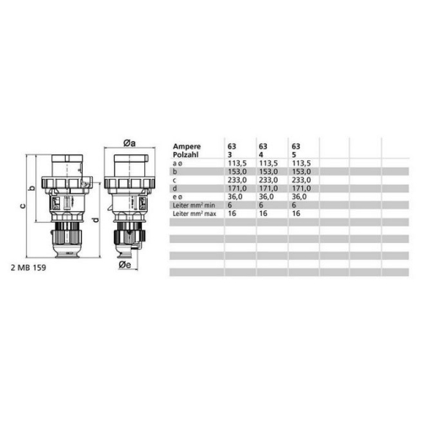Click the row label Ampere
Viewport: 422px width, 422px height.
(x=186, y=144)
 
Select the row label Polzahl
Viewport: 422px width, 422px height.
(x=186, y=152)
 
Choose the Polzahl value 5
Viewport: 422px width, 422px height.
(x=293, y=152)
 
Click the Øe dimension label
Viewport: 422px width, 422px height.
(x=123, y=264)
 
